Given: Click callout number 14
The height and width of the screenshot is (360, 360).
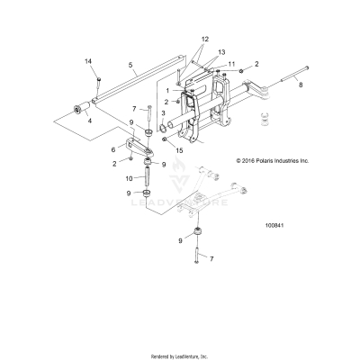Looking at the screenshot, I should coord(88,60).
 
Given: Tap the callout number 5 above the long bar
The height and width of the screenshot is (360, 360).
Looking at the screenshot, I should coord(130,65).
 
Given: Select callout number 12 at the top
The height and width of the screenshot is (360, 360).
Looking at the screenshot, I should coord(204,40).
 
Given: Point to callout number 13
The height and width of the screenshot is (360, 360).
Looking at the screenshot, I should coord(221,53).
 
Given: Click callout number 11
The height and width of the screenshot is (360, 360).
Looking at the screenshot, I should coord(231,64).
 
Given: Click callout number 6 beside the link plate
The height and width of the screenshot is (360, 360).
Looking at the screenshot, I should coord(112,150).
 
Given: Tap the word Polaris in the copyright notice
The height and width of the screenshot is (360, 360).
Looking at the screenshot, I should coord(256,160).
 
